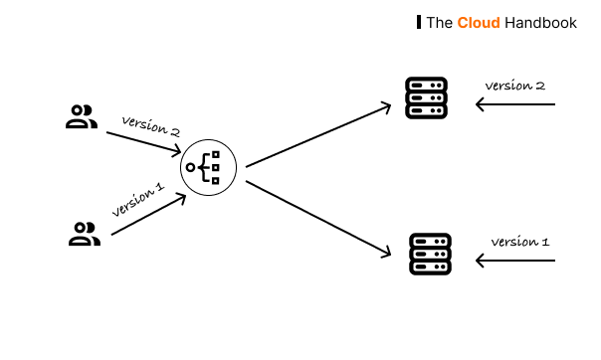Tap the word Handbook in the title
tap(540, 22)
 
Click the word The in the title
tap(440, 22)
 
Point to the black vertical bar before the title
tap(418, 22)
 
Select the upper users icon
tap(82, 117)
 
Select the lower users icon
tap(85, 235)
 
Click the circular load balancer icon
tap(208, 167)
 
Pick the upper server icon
tap(426, 98)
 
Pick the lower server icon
tap(430, 255)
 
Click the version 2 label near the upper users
tap(150, 127)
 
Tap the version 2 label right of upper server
tap(514, 86)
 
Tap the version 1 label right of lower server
tap(519, 242)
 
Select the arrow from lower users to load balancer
tap(147, 215)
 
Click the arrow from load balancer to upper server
tap(317, 135)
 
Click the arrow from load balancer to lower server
tap(317, 218)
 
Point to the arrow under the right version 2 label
tap(514, 103)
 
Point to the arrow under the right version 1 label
tap(514, 261)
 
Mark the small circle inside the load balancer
tap(190, 167)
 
